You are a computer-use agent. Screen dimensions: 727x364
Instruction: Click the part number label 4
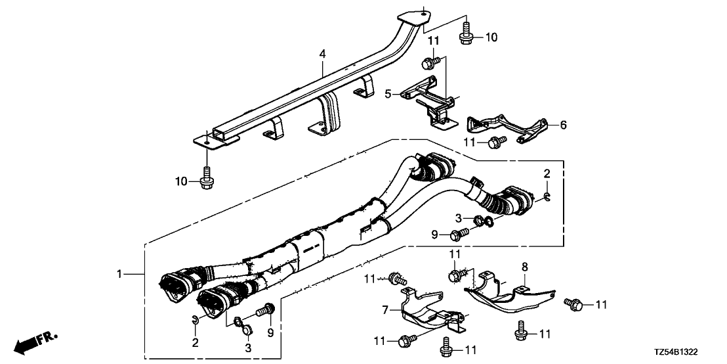coord(322,55)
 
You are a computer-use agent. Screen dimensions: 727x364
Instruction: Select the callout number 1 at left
coord(119,275)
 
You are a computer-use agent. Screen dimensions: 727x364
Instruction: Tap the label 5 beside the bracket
coord(388,95)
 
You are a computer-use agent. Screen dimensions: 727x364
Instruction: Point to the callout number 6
coord(564,124)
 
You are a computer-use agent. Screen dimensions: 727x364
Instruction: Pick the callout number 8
coord(524,267)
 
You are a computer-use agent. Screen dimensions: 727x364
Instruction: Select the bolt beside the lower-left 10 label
coord(207,178)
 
